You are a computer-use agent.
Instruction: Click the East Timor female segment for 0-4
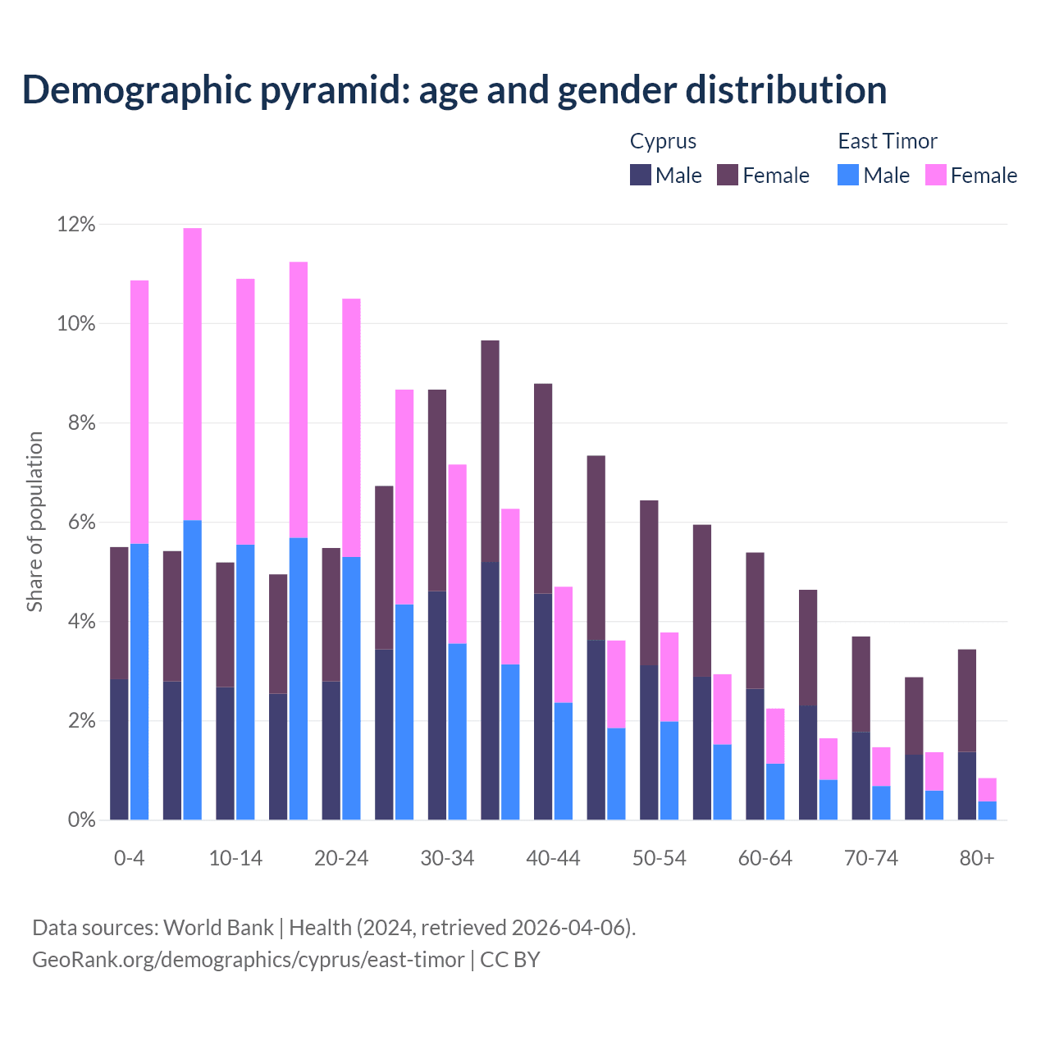pos(139,412)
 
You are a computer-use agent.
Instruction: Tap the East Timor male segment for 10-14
pos(245,682)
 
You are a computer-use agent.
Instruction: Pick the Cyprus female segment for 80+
pos(967,701)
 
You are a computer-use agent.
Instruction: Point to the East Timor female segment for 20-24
pos(351,427)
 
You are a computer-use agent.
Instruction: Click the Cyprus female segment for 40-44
pos(543,488)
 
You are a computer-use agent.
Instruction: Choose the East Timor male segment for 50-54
pos(669,770)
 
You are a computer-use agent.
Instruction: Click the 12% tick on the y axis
pos(76,224)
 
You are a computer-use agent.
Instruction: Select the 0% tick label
pos(80,820)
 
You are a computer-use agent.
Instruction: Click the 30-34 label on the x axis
pos(447,858)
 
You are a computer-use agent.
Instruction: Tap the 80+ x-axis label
pos(977,858)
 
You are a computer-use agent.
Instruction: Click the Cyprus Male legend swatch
pos(641,175)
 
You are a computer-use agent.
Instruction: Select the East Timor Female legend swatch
pos(936,175)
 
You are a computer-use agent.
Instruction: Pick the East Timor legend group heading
pos(888,141)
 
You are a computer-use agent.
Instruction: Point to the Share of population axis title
pos(34,522)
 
